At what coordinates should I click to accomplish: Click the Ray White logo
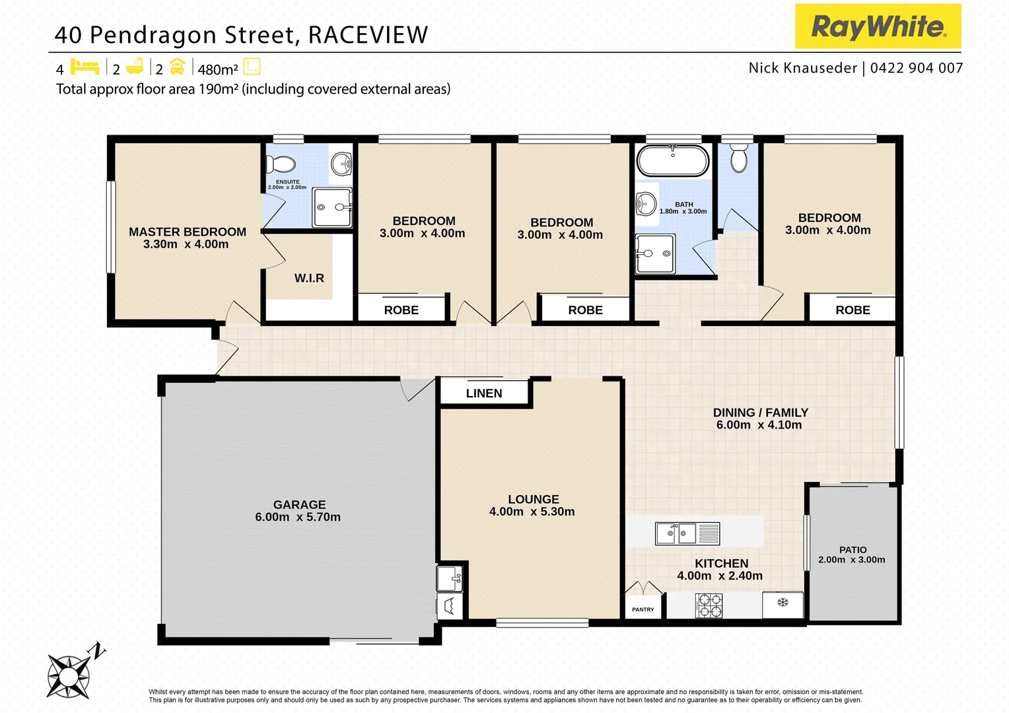point(878,26)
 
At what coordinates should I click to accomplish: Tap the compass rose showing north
point(69,675)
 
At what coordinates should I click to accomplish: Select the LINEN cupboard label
point(484,393)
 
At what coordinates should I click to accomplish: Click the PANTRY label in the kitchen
point(643,609)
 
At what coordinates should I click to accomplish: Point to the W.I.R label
point(309,279)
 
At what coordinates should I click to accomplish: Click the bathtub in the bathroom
point(673,160)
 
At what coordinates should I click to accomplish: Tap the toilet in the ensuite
point(283,163)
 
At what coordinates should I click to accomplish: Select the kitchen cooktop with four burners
point(709,605)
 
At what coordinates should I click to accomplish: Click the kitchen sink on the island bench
point(678,533)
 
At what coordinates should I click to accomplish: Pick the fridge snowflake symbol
point(783,603)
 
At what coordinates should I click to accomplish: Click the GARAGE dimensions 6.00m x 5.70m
point(298,518)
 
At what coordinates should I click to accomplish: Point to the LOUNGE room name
point(534,500)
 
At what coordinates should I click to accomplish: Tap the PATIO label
point(852,550)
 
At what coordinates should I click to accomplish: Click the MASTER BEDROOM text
point(188,232)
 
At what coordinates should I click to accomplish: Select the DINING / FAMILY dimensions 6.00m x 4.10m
point(759,425)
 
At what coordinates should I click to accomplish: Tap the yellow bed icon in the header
point(85,67)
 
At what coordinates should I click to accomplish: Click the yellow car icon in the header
point(177,67)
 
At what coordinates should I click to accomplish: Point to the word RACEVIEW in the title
point(368,35)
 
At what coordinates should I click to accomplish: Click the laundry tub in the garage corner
point(449,579)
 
